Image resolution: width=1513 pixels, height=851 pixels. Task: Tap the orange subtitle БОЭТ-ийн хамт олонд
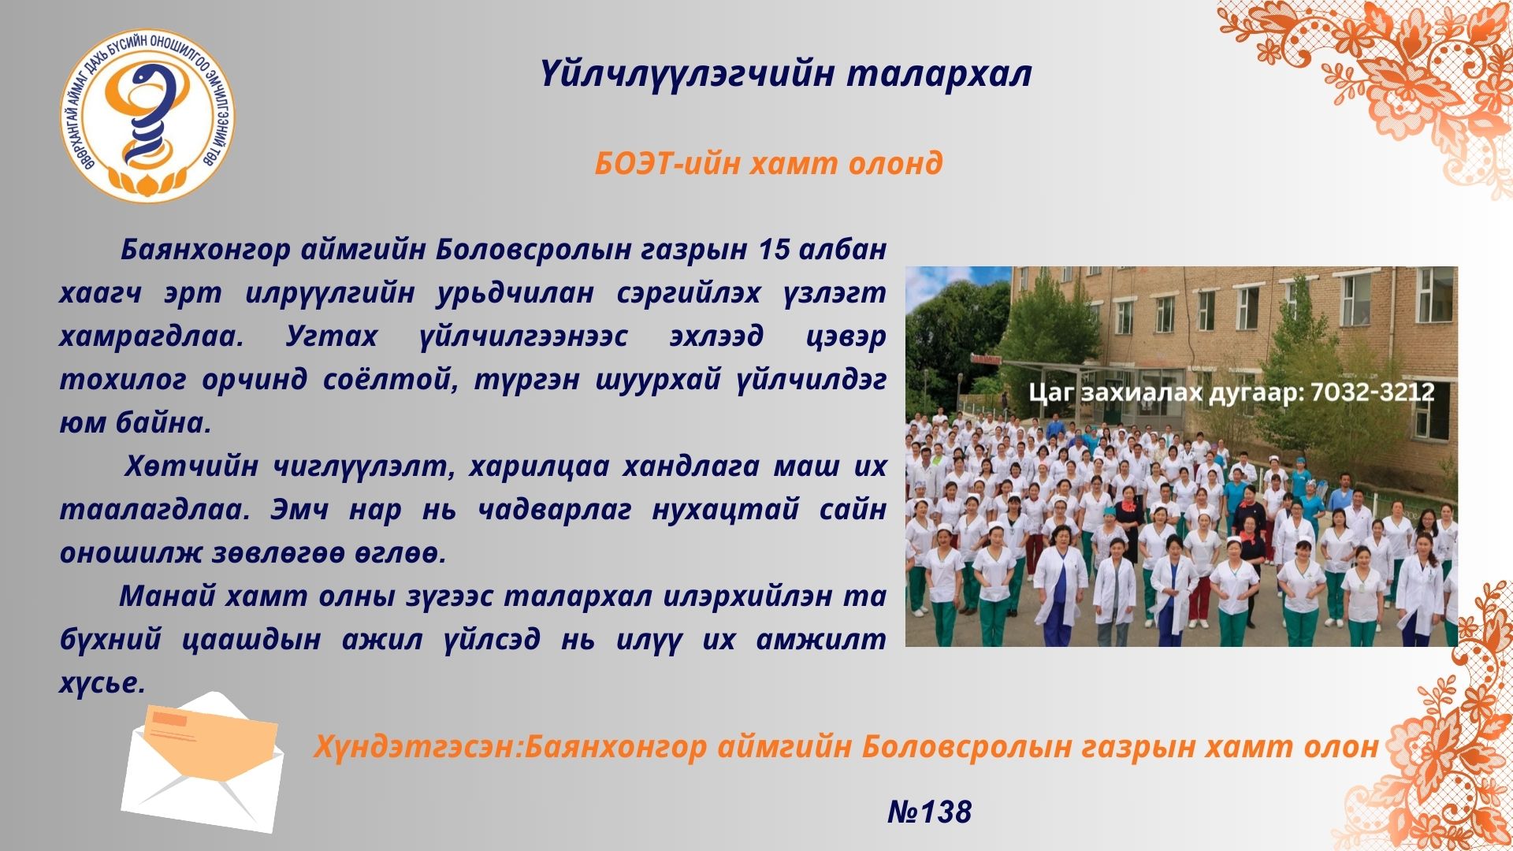pyautogui.click(x=768, y=164)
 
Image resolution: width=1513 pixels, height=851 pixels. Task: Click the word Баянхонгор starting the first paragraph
pyautogui.click(x=206, y=251)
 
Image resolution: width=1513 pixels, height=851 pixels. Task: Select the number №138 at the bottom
pyautogui.click(x=930, y=812)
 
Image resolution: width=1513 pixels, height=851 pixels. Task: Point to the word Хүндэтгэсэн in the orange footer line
pyautogui.click(x=414, y=746)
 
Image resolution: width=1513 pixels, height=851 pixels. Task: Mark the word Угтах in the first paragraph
pyautogui.click(x=331, y=337)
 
